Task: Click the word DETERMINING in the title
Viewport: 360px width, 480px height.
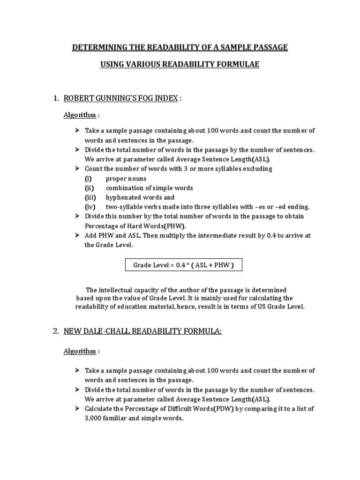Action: (x=95, y=47)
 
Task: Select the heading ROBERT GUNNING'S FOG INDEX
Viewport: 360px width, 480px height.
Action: (x=121, y=98)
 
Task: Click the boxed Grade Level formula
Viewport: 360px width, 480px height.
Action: (x=183, y=265)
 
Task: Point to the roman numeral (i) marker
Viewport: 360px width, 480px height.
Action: (x=88, y=179)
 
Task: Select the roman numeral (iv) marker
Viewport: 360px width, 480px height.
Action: (x=90, y=207)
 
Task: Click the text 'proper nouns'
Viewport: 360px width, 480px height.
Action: (x=126, y=179)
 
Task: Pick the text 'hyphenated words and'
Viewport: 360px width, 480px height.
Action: (x=140, y=197)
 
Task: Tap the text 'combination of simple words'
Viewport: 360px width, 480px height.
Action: (x=149, y=188)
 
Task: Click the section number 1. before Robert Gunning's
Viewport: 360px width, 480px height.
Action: (x=56, y=98)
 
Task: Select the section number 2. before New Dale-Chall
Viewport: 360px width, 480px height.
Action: (x=56, y=331)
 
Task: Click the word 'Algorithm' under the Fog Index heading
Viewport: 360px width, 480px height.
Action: (x=80, y=115)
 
